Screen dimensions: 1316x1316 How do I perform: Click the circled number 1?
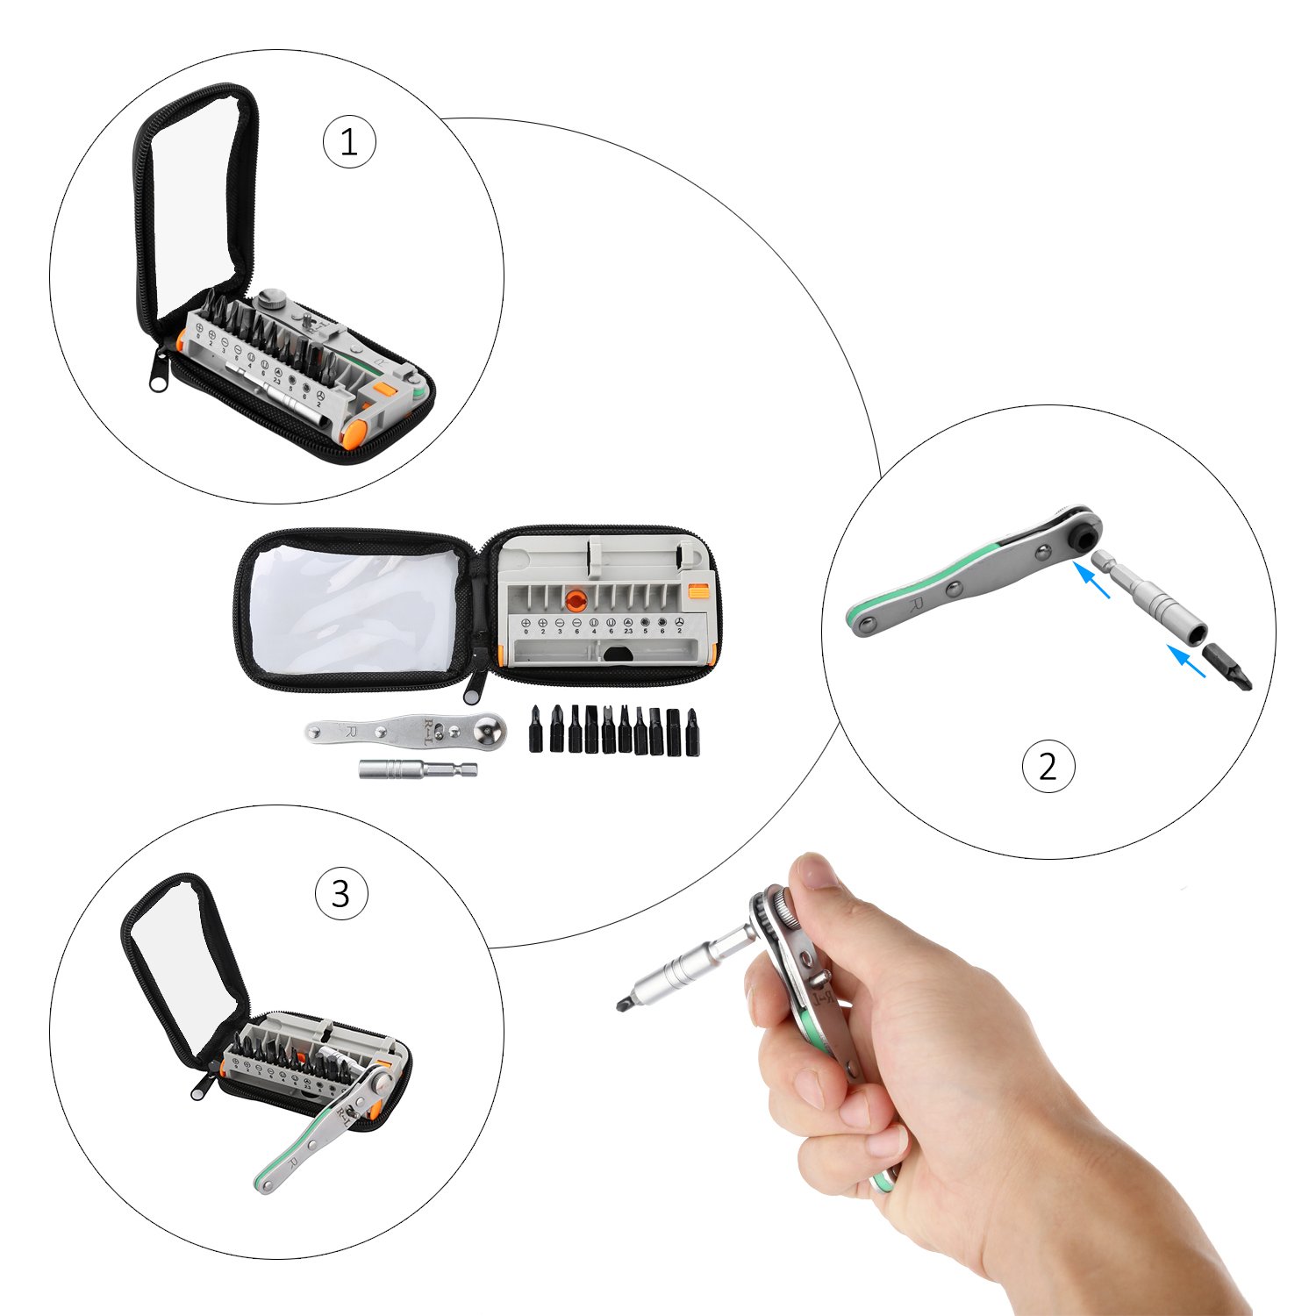[349, 142]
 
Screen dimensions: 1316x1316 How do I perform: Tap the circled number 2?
[1048, 766]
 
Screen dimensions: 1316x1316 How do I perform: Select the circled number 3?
[340, 894]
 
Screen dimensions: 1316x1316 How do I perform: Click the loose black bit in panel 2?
[1227, 666]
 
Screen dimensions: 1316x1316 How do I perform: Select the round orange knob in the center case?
[576, 600]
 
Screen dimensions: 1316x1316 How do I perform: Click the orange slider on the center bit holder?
[699, 591]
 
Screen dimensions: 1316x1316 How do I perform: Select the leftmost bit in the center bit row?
[534, 728]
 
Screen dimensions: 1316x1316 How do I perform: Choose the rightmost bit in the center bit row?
[692, 732]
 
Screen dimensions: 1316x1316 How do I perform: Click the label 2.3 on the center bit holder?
[628, 631]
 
